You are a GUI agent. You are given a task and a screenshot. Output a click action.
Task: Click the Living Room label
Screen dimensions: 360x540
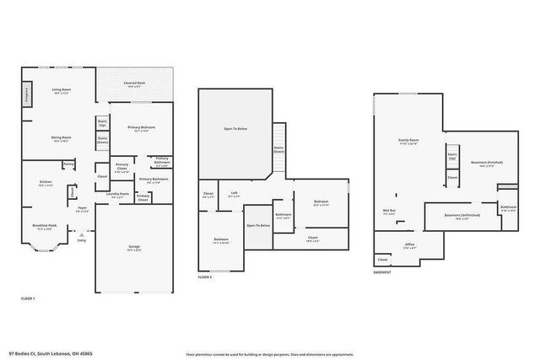[x=61, y=90]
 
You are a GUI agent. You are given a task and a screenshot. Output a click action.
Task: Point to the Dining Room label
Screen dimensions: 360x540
[x=61, y=138]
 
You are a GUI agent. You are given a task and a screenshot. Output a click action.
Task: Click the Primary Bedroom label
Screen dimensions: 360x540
[x=141, y=128]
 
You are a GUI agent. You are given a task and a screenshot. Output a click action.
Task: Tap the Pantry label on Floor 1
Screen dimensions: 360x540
[x=68, y=164]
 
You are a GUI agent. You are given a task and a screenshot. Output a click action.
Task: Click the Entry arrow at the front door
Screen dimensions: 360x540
[x=82, y=239]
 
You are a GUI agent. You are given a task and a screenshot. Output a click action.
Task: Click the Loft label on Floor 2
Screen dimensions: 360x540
[x=234, y=193]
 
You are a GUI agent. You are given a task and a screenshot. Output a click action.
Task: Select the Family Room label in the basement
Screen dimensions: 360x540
[x=409, y=142]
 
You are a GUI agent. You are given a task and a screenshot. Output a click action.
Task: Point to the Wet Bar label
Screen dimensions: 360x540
[x=390, y=212]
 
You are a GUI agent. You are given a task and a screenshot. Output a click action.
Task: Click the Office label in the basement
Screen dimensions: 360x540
[x=409, y=245]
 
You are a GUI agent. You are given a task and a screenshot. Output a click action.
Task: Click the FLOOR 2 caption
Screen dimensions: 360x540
[x=206, y=277]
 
